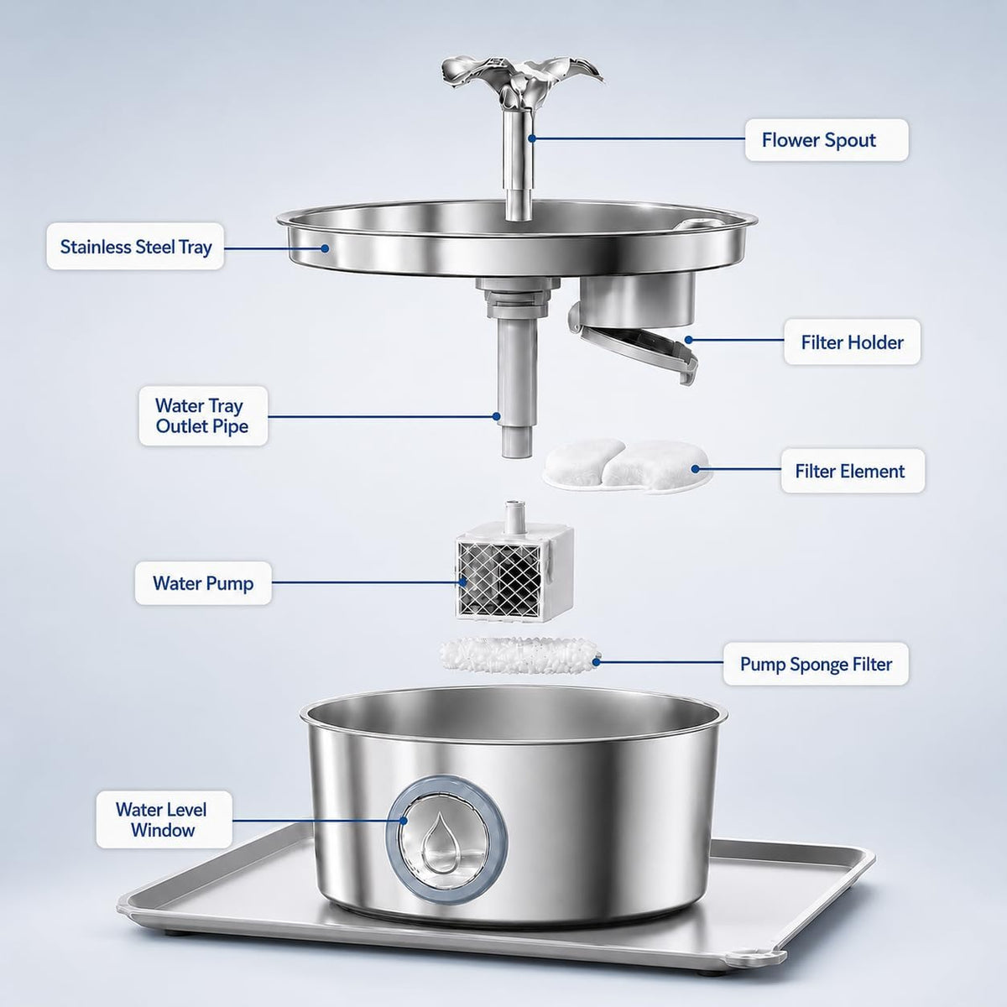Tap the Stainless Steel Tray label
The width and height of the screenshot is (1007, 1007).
[135, 247]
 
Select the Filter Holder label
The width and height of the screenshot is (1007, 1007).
[852, 342]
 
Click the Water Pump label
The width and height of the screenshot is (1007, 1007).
[203, 583]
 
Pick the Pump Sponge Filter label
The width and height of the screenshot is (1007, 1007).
[816, 664]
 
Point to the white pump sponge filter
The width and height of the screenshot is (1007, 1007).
[519, 655]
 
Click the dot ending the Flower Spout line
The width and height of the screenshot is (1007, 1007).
[531, 138]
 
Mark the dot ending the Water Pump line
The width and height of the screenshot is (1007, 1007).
[462, 582]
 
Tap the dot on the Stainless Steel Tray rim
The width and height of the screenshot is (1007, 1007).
[325, 248]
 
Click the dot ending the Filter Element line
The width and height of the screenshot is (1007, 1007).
[696, 469]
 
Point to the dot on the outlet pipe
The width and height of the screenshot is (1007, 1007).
[497, 416]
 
